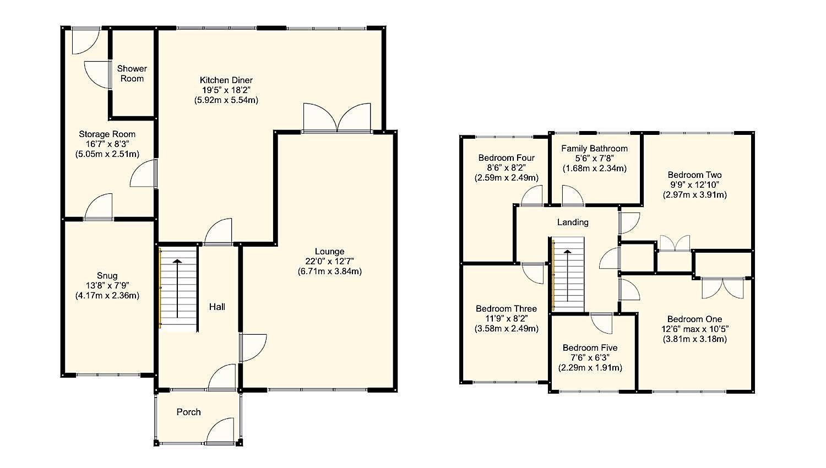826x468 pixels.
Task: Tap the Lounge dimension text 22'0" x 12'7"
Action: [x=329, y=262]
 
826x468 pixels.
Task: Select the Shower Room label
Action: [x=132, y=73]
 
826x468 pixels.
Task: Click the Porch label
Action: [x=188, y=412]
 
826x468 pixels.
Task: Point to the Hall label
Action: [x=216, y=307]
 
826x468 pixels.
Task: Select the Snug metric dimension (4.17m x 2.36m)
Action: [x=107, y=296]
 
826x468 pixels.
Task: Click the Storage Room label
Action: [x=107, y=134]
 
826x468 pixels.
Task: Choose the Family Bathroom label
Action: [x=594, y=148]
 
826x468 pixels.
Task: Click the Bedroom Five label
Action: [x=590, y=347]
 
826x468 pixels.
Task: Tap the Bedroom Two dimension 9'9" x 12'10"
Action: [x=694, y=185]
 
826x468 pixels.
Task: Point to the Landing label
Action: [x=573, y=222]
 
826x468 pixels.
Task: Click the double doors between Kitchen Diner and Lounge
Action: [x=337, y=118]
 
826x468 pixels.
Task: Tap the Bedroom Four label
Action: [x=506, y=157]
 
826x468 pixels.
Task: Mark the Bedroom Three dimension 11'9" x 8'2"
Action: [x=506, y=319]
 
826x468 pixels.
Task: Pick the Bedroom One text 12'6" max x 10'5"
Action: [x=694, y=329]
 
